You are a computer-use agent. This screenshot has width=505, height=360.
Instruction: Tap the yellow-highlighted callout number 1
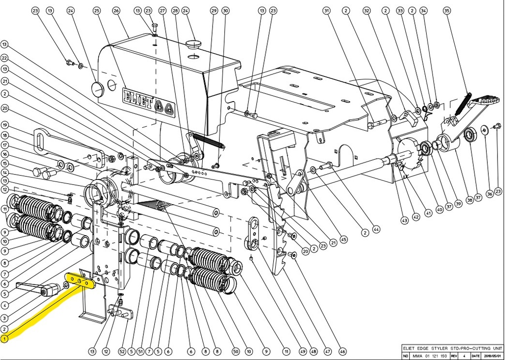(x=5, y=339)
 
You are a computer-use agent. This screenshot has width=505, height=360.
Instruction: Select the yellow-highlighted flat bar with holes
(x=82, y=281)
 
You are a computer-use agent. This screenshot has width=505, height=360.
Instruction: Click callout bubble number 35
(x=447, y=10)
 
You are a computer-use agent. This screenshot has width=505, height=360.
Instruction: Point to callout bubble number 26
(x=116, y=10)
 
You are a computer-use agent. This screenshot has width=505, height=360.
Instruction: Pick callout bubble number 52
(x=122, y=352)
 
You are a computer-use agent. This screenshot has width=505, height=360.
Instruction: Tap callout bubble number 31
(x=326, y=10)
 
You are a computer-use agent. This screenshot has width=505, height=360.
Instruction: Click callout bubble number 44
(x=377, y=229)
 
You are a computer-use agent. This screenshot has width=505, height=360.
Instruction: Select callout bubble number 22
(x=5, y=57)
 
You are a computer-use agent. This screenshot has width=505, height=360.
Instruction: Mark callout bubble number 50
(x=236, y=352)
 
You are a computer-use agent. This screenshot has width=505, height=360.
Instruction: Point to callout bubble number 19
(x=5, y=125)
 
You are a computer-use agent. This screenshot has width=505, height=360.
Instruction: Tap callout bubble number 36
(x=489, y=194)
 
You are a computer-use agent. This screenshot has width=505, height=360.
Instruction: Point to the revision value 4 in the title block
(x=463, y=355)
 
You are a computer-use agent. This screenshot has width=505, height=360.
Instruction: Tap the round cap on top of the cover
(x=194, y=44)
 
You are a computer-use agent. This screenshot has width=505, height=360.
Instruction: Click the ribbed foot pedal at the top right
(x=477, y=103)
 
